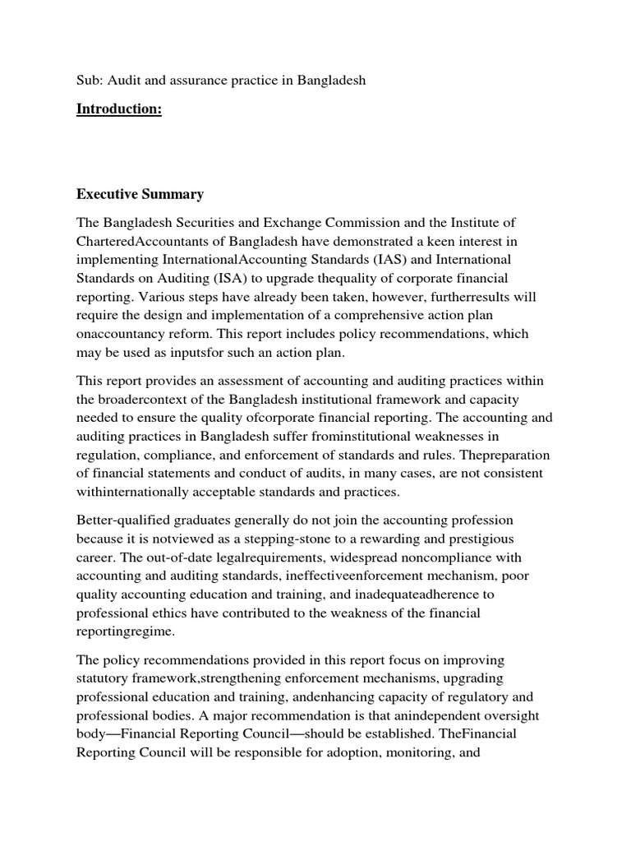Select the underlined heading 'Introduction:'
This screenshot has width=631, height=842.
pyautogui.click(x=119, y=109)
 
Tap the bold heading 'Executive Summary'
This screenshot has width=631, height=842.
pyautogui.click(x=140, y=195)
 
